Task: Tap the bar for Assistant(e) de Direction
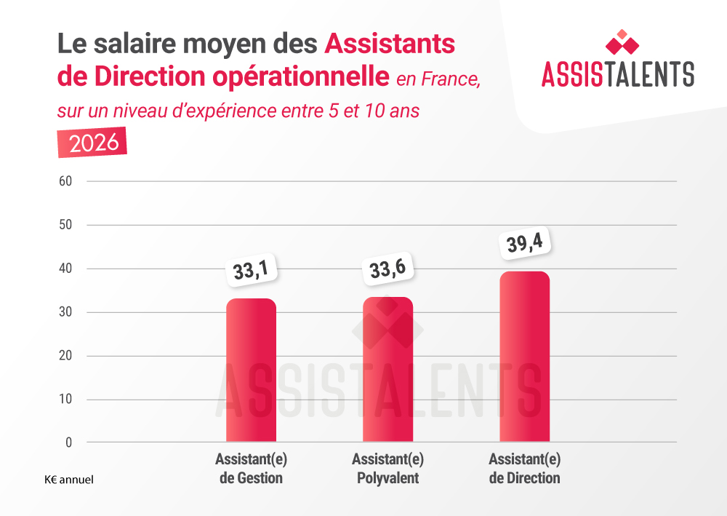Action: (x=524, y=357)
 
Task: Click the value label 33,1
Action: (x=251, y=271)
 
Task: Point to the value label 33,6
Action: (x=387, y=270)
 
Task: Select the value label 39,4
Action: (x=523, y=243)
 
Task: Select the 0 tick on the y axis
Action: (x=68, y=442)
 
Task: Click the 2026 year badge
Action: (x=92, y=142)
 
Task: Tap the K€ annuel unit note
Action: (x=68, y=480)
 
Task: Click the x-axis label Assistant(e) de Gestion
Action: (x=251, y=469)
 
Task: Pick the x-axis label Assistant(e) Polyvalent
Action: (x=387, y=469)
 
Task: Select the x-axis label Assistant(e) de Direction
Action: (x=524, y=469)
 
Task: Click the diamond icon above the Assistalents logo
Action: (x=622, y=42)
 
